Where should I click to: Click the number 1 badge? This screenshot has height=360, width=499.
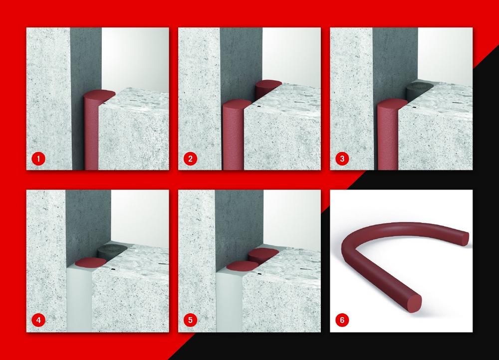(x=38, y=159)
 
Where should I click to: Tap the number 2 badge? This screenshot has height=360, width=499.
(x=190, y=159)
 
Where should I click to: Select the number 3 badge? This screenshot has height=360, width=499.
(x=342, y=159)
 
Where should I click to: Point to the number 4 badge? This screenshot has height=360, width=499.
(x=38, y=320)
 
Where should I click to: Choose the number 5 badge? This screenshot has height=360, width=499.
(x=190, y=320)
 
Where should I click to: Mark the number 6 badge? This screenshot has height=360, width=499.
(x=342, y=320)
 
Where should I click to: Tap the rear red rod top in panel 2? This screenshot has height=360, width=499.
(x=268, y=84)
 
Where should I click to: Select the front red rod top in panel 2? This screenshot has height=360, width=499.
(x=237, y=104)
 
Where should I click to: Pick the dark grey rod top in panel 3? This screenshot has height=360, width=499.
(x=420, y=86)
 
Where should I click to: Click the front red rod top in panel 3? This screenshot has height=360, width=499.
(x=392, y=104)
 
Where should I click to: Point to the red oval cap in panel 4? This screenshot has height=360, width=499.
(x=90, y=262)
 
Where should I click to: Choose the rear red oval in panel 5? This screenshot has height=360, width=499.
(x=263, y=253)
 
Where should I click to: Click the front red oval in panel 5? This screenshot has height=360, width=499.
(x=242, y=266)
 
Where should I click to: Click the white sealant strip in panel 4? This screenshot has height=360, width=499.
(x=79, y=299)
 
